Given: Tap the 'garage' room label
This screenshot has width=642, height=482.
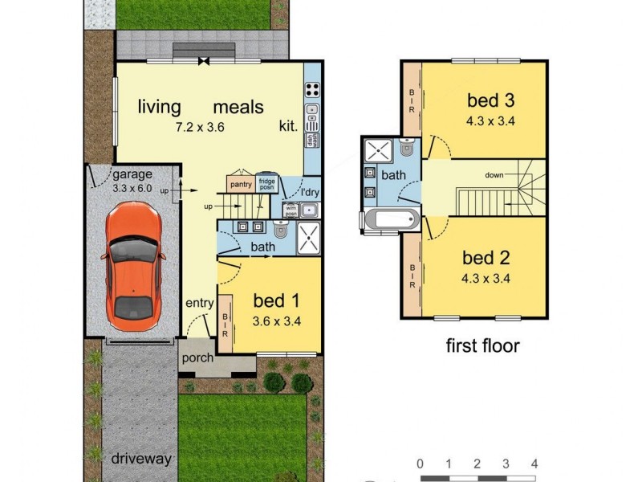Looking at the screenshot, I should [x=132, y=175].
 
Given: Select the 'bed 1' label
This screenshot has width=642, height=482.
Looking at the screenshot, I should [x=276, y=301].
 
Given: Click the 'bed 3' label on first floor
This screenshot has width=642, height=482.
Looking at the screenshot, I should [x=490, y=100].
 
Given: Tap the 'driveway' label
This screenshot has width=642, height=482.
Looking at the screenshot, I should [x=141, y=459].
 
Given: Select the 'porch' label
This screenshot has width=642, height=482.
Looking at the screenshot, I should [x=198, y=357].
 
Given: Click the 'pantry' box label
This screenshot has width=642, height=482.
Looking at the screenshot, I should [x=241, y=185].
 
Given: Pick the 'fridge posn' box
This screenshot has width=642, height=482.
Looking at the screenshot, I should [x=266, y=185].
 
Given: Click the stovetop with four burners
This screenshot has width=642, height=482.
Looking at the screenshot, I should [x=312, y=89].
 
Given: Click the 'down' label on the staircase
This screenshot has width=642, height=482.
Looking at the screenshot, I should [x=495, y=174].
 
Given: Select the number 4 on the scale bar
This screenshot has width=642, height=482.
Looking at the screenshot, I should [x=534, y=464].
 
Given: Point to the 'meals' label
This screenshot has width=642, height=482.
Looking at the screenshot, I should [x=238, y=107].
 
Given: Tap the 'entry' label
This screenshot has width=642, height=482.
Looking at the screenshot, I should [x=199, y=303].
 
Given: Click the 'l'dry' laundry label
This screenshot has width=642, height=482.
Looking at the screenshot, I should [x=308, y=193].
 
